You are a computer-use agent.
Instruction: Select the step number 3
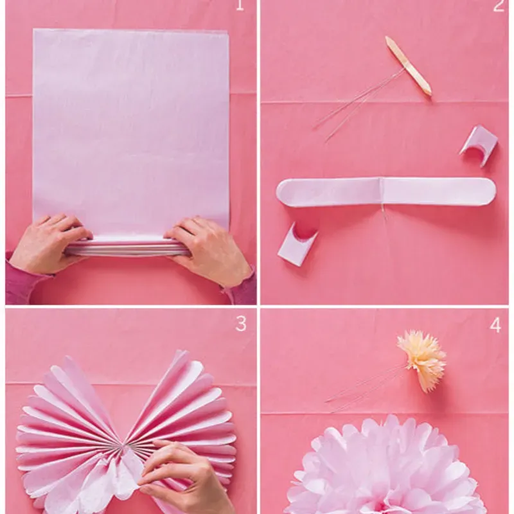(240, 324)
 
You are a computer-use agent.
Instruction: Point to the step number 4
(495, 325)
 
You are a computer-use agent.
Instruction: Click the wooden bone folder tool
(408, 66)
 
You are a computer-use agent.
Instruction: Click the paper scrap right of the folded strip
(479, 145)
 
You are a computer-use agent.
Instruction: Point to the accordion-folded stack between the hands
(128, 247)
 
